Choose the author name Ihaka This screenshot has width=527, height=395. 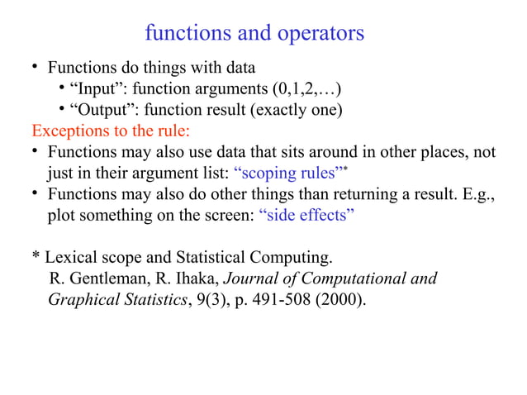[192, 278]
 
